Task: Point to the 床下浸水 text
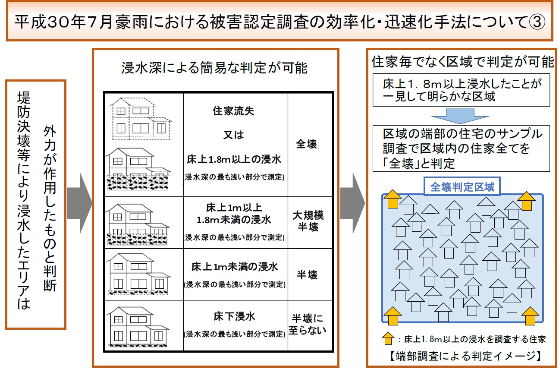pos(234,316)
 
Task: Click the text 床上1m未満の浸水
pos(234,267)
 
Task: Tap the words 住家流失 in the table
pos(233,111)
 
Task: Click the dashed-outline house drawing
pos(140,119)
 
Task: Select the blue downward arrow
pos(460,116)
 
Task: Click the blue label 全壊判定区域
pos(462,186)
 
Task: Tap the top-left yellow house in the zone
pos(393,199)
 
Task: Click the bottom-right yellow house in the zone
pos(530,316)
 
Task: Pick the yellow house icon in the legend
pos(388,338)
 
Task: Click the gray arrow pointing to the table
pos(80,203)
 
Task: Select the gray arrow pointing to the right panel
pos(353,203)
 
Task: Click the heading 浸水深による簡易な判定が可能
pos(214,68)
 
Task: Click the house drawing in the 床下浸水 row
pos(138,327)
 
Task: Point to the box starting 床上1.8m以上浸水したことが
pos(461,90)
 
